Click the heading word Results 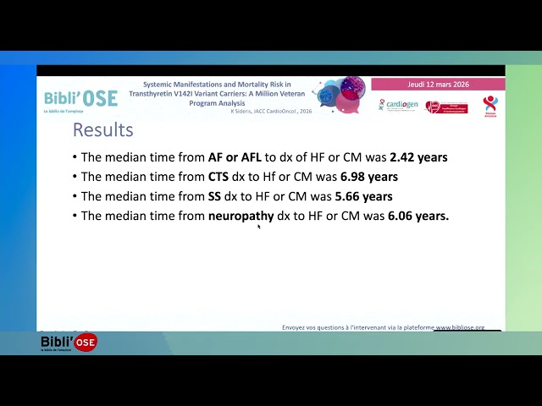pyautogui.click(x=102, y=130)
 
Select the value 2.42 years pyautogui.click(x=418, y=157)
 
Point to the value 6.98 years pyautogui.click(x=368, y=177)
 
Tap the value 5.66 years pyautogui.click(x=362, y=196)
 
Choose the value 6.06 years pyautogui.click(x=418, y=216)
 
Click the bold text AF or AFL pyautogui.click(x=235, y=157)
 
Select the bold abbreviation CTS pyautogui.click(x=218, y=177)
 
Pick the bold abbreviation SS pyautogui.click(x=216, y=196)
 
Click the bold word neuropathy pyautogui.click(x=241, y=217)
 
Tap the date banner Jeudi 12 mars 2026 pyautogui.click(x=438, y=85)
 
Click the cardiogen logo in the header pyautogui.click(x=397, y=105)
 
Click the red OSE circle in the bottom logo pyautogui.click(x=86, y=342)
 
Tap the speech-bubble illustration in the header pyautogui.click(x=341, y=95)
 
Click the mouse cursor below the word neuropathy pyautogui.click(x=258, y=226)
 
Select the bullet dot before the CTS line pyautogui.click(x=75, y=178)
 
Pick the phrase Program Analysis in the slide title pyautogui.click(x=217, y=102)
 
